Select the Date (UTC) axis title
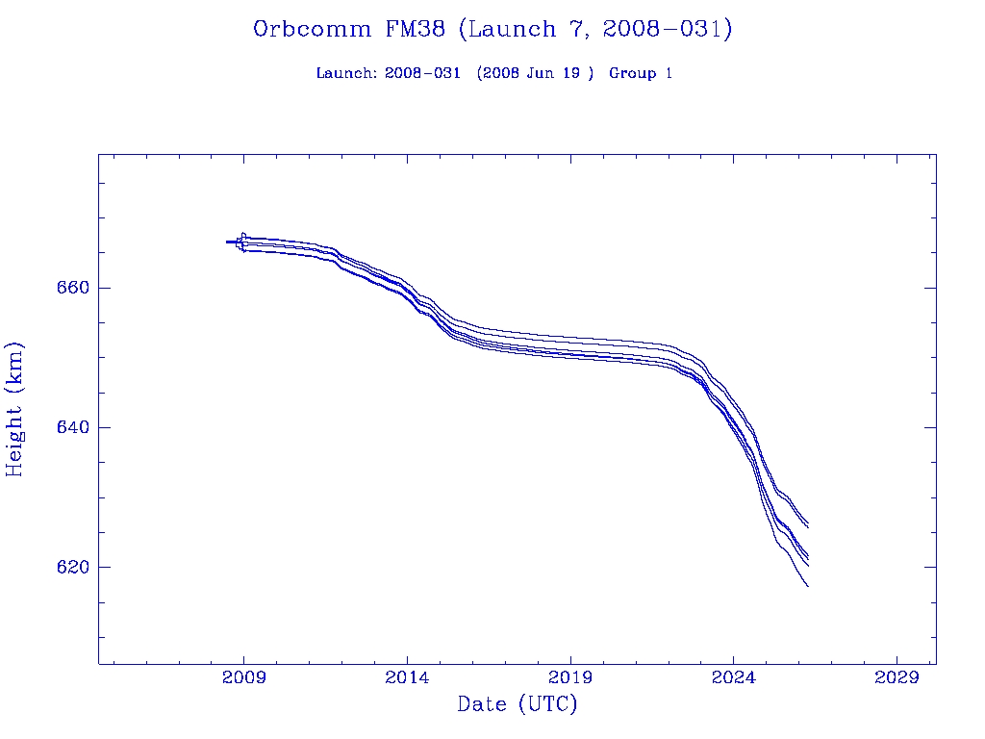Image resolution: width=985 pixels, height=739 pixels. tap(518, 704)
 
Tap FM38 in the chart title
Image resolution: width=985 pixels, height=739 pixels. tap(415, 30)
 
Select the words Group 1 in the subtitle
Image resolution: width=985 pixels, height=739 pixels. tap(641, 73)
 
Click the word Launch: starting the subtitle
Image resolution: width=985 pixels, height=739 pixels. tap(346, 73)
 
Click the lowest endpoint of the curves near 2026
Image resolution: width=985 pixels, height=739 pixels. tap(808, 586)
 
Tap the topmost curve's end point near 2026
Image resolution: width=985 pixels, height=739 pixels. tap(808, 524)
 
